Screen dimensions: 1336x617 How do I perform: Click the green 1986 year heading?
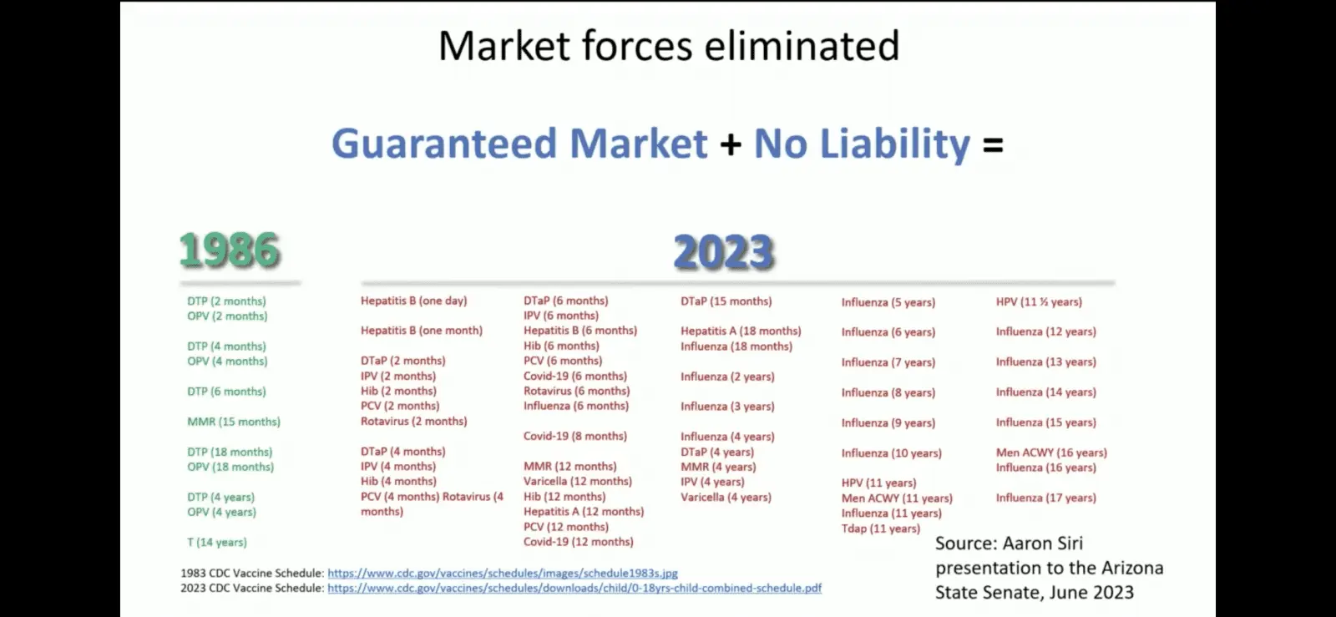pos(230,250)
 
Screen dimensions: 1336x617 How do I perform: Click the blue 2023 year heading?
pos(724,251)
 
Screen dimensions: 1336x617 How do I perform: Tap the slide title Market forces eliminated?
pos(669,46)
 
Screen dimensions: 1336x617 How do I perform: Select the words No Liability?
pos(862,144)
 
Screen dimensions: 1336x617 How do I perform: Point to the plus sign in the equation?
pos(731,145)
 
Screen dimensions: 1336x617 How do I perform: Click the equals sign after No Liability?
pos(993,145)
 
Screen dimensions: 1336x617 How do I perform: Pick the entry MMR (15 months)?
pos(234,422)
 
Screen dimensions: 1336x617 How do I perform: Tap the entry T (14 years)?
pos(216,542)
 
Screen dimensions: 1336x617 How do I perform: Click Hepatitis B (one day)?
pos(414,301)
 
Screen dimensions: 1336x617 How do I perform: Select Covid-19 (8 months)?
pos(575,436)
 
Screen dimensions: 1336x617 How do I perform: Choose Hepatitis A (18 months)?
pos(741,331)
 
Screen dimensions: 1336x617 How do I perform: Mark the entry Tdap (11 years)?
pos(881,528)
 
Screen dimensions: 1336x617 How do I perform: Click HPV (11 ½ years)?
pos(1039,301)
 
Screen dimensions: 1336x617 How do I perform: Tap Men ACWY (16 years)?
pos(1051,453)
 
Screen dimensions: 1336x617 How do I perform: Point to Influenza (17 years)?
pos(1046,498)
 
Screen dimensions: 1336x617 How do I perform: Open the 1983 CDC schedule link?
pos(503,573)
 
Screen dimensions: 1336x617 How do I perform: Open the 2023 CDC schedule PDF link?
pos(574,588)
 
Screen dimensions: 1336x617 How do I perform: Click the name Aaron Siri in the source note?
pos(1043,543)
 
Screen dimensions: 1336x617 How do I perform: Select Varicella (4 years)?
pos(726,497)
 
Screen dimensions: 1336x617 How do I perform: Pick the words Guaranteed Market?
pos(519,144)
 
